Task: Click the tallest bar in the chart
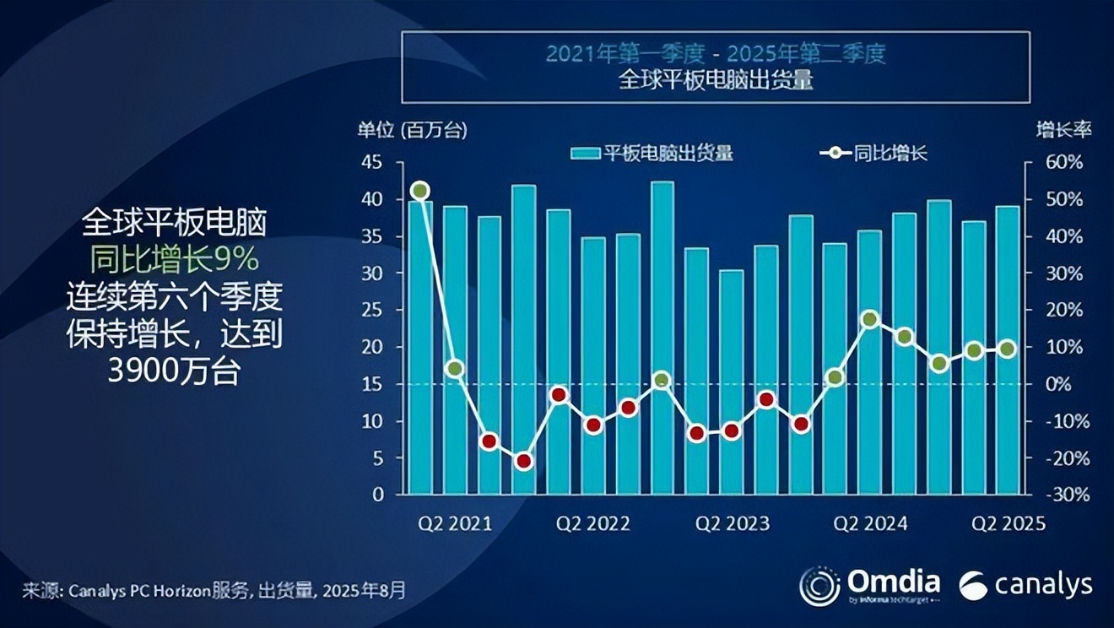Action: [x=662, y=338]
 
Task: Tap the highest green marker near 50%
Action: [x=420, y=191]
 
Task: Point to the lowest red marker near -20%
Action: [x=524, y=461]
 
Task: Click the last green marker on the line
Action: [x=1007, y=349]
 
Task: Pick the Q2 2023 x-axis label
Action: [x=732, y=524]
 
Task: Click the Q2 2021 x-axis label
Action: [x=455, y=524]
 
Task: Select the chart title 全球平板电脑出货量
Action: [x=716, y=82]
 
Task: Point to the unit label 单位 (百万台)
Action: [x=412, y=130]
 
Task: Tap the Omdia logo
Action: [x=870, y=584]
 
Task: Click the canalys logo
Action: [x=1025, y=585]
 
